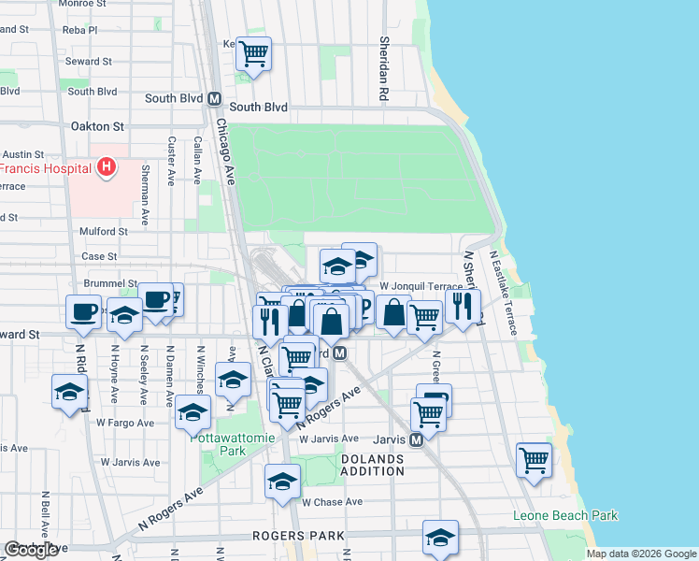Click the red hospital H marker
pyautogui.click(x=107, y=167)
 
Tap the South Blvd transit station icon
pyautogui.click(x=214, y=97)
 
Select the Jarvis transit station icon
pyautogui.click(x=418, y=438)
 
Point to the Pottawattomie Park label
pyautogui.click(x=218, y=442)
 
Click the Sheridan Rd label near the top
pyautogui.click(x=383, y=69)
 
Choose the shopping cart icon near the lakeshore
pyautogui.click(x=534, y=458)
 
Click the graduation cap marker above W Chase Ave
pyautogui.click(x=282, y=481)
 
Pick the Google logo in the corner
pyautogui.click(x=31, y=550)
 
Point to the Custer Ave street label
pyautogui.click(x=171, y=161)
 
